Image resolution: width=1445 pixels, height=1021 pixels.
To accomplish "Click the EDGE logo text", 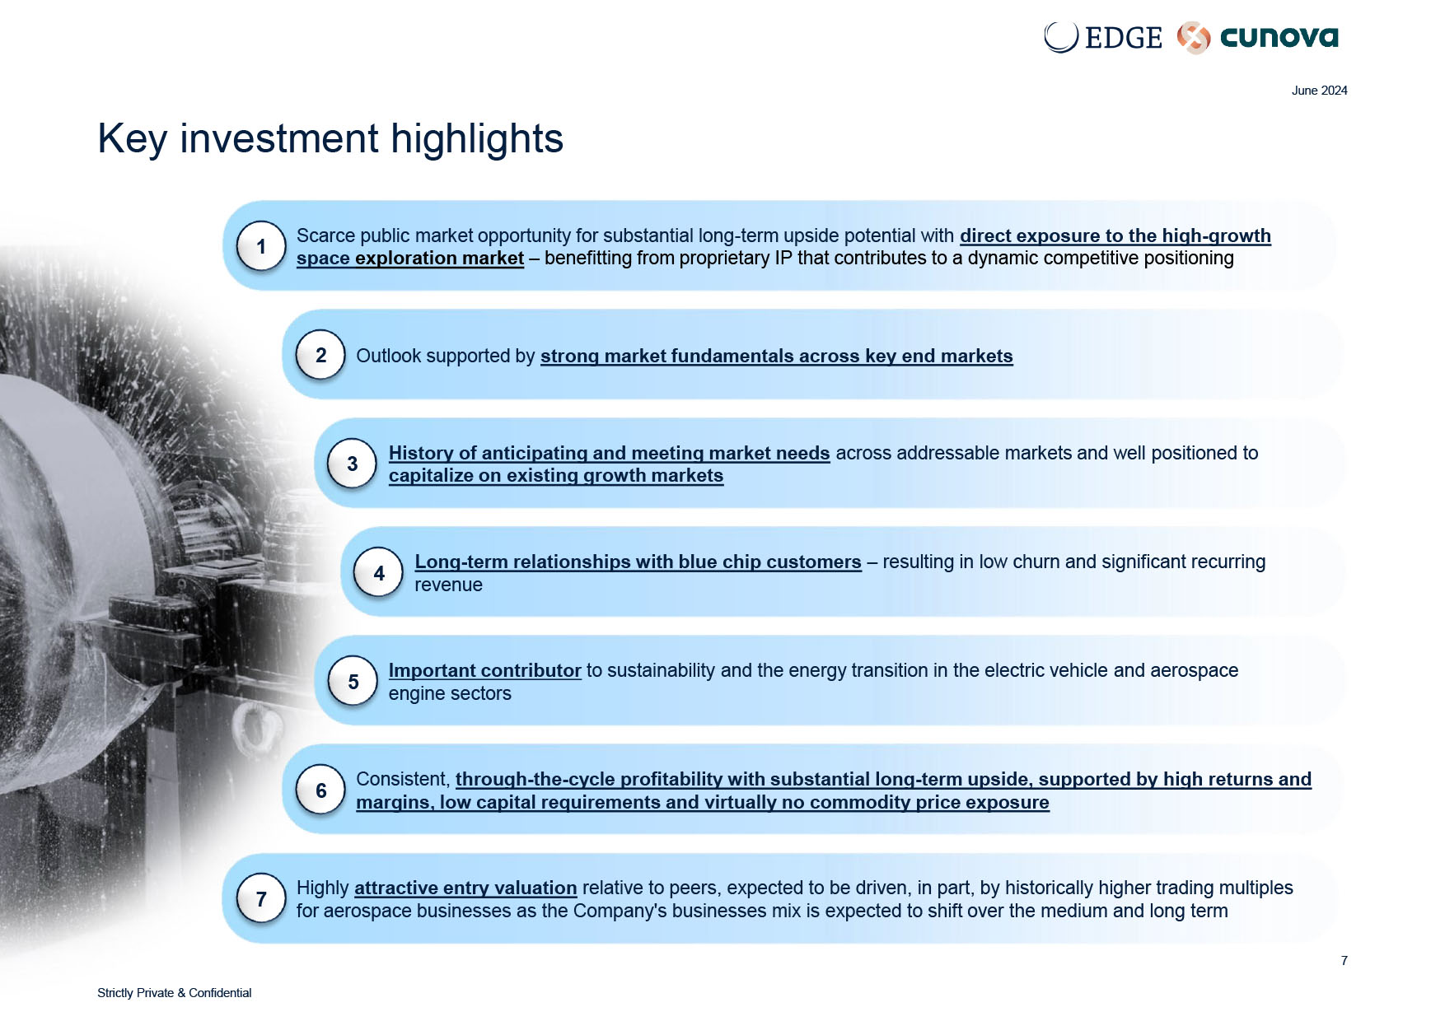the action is (x=1123, y=37).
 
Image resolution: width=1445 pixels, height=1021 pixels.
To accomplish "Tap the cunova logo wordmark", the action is (x=1279, y=37).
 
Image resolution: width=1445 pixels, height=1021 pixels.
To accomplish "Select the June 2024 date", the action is (x=1319, y=91).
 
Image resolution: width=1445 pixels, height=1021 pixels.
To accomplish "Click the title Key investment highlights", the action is (x=330, y=138).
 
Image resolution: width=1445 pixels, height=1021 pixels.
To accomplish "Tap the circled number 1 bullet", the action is (x=261, y=246).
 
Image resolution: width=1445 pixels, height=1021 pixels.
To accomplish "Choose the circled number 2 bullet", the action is (x=320, y=355).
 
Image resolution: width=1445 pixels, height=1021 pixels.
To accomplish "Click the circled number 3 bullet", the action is (x=353, y=464).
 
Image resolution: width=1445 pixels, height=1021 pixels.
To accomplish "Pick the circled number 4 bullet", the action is (x=379, y=573).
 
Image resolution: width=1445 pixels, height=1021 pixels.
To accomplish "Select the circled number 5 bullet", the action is (x=353, y=682).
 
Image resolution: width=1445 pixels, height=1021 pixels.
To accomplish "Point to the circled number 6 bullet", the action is (x=320, y=790).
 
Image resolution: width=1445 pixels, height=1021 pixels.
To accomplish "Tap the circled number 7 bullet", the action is (x=261, y=899).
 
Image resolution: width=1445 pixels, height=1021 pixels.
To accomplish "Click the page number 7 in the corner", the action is (x=1344, y=961).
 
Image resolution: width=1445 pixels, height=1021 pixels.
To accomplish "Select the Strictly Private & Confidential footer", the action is (x=174, y=993).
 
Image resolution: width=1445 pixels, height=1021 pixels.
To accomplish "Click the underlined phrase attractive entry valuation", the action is (x=465, y=888).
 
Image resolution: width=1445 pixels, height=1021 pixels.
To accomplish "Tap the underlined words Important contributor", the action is (x=484, y=670).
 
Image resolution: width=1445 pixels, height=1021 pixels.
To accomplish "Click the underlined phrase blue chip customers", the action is (x=770, y=562).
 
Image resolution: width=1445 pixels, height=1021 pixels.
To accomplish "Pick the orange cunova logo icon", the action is (x=1193, y=38).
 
